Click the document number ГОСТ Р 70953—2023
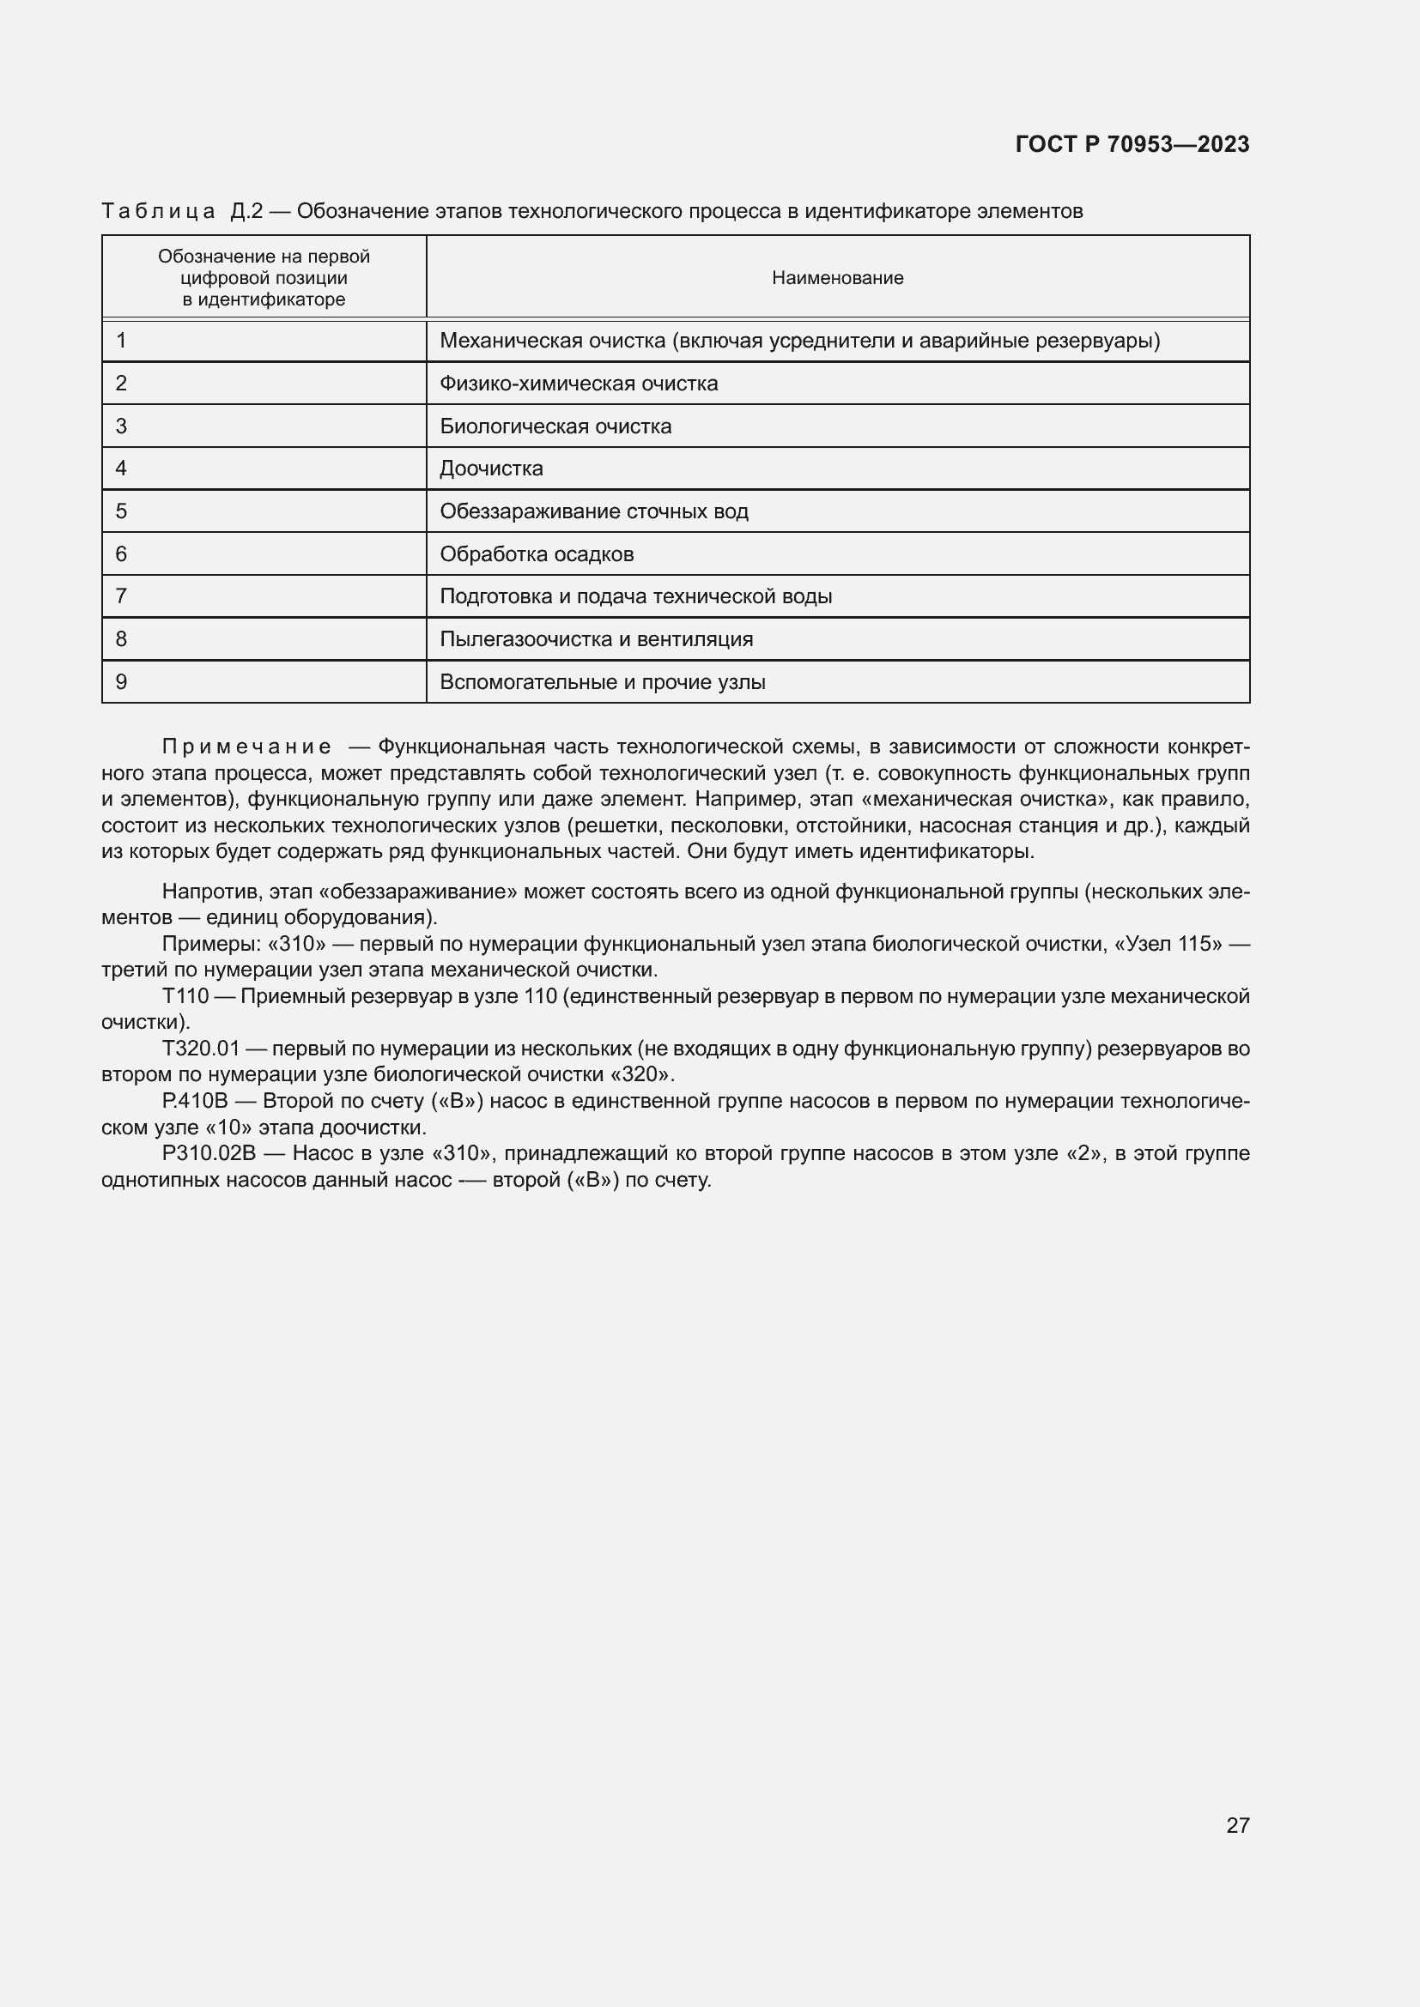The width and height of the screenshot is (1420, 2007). coord(1132,144)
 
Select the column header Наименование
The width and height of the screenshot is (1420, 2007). coord(837,278)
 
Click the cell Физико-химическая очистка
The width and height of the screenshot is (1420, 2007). coord(578,384)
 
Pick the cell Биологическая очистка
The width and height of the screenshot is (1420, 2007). coord(555,426)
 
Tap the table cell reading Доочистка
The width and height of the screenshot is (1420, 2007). coord(490,469)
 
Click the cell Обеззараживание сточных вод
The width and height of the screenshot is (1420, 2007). coord(594,511)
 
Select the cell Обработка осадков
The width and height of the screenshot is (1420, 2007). coord(536,554)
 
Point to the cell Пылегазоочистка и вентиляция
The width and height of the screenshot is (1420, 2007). coord(596,639)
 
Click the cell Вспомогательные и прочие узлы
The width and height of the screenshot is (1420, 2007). coord(602,682)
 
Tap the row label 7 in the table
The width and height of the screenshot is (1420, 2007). coord(122,596)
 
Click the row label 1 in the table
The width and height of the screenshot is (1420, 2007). coord(122,341)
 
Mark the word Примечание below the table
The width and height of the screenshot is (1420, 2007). coord(246,747)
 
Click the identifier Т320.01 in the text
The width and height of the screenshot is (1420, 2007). coord(200,1048)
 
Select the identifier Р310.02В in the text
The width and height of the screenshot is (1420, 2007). coord(208,1153)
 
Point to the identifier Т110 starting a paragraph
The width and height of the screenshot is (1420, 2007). coord(185,995)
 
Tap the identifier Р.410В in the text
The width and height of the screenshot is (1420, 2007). coord(194,1101)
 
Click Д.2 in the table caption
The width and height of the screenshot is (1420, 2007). coord(246,212)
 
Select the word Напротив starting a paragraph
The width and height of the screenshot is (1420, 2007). coord(211,892)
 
